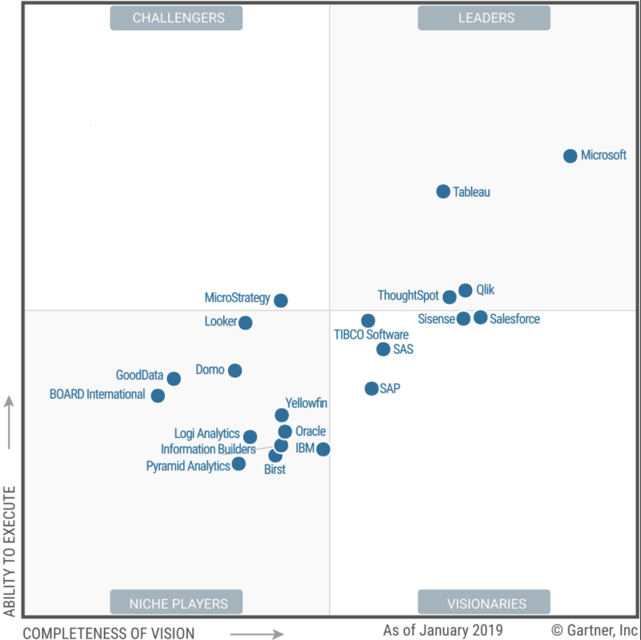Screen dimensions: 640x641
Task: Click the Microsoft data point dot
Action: pos(570,156)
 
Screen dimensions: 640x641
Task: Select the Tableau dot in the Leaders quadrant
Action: pos(443,192)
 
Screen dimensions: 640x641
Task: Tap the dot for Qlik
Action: pos(465,291)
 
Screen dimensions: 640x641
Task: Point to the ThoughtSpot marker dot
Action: pos(450,297)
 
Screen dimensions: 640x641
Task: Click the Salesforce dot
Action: pos(480,317)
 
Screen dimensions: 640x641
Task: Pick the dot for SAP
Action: pos(371,388)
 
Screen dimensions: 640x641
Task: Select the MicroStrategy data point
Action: pos(281,300)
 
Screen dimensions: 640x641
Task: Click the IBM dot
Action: pos(324,449)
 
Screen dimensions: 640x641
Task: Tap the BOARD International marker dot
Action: pos(158,395)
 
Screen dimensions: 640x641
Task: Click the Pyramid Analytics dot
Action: pos(239,464)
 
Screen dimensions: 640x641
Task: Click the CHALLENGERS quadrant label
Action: pos(176,18)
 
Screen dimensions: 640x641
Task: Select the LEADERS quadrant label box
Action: pos(484,18)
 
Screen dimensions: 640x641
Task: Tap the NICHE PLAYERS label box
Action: pos(176,603)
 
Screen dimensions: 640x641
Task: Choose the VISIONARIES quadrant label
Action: pos(484,603)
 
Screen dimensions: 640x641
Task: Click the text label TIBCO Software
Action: pos(371,335)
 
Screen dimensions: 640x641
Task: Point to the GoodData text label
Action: pos(139,375)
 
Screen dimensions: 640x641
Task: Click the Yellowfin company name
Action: pos(306,403)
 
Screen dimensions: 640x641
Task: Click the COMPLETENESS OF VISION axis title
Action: pos(109,633)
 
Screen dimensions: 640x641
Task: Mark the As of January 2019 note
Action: pos(443,631)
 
